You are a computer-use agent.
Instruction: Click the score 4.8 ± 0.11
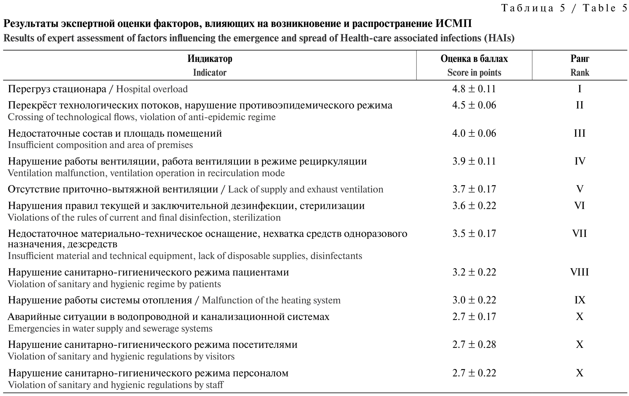[474, 89]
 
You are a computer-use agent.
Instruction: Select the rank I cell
[579, 89]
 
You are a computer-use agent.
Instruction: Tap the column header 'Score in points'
[474, 73]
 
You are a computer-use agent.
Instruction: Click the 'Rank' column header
[580, 73]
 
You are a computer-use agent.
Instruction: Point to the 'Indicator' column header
[210, 73]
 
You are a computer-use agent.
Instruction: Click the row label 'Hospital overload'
[152, 89]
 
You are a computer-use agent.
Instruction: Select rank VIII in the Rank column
[579, 272]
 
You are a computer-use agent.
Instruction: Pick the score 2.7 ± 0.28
[474, 345]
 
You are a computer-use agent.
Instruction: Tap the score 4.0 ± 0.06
[474, 133]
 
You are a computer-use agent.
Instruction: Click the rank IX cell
[579, 300]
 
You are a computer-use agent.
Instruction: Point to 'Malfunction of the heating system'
[271, 300]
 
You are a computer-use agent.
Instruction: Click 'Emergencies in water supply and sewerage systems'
[110, 329]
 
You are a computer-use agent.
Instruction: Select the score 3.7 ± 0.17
[474, 189]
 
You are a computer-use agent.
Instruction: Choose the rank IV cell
[579, 161]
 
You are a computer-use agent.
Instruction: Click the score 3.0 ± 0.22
[474, 300]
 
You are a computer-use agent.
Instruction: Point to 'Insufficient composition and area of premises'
[100, 145]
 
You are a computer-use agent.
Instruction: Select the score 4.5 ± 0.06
[474, 105]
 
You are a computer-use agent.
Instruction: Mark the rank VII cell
[579, 234]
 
